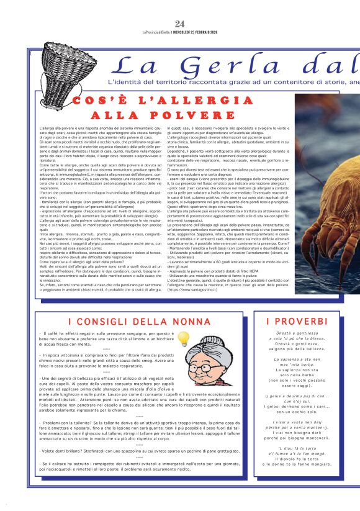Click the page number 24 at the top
180,24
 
